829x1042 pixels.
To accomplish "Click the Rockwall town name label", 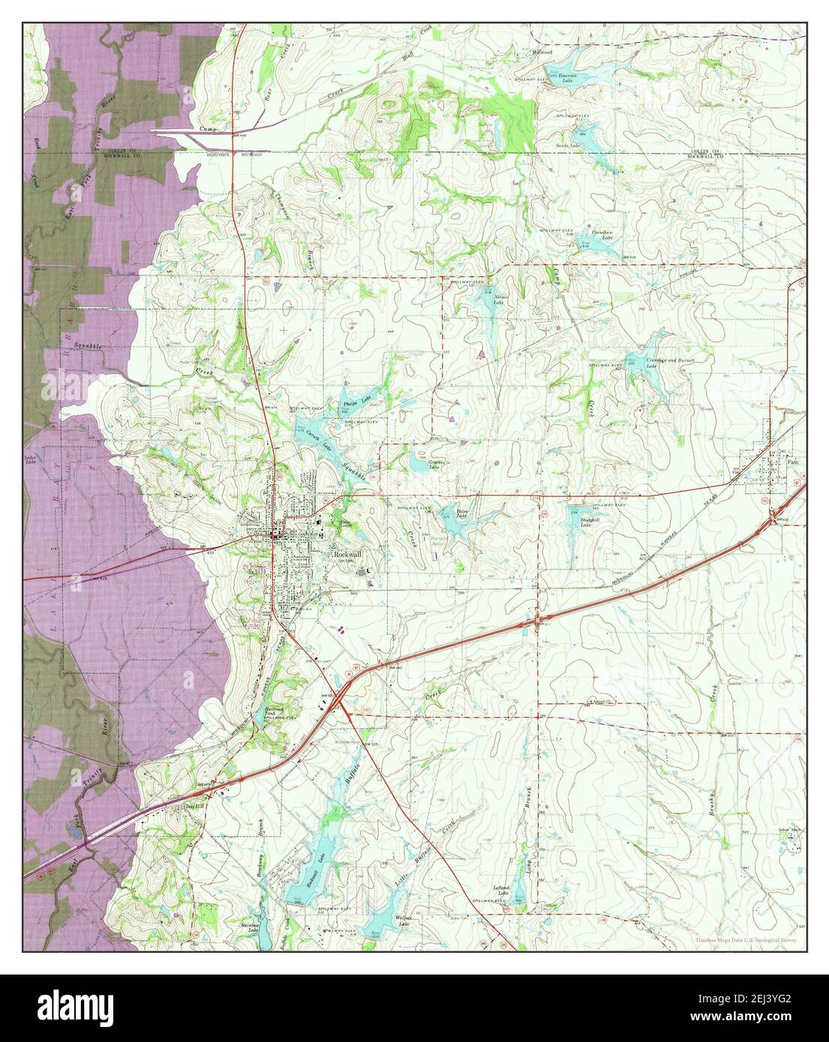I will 346,549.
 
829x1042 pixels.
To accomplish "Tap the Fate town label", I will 792,463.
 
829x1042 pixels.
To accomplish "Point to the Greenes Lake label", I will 437,464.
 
